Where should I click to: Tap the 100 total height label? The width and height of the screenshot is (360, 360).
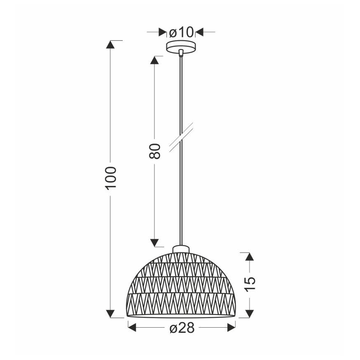tap(111, 178)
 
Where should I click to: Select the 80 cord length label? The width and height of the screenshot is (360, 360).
tap(154, 151)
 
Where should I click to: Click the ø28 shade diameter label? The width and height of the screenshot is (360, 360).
tap(182, 328)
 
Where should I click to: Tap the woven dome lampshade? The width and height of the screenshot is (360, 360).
tap(181, 286)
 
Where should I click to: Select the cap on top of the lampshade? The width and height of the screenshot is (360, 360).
tap(181, 249)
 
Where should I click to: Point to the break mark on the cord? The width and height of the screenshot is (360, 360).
tap(182, 135)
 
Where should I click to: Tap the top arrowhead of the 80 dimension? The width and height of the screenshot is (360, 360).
tap(154, 60)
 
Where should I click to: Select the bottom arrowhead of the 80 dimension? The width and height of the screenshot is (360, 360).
tap(154, 242)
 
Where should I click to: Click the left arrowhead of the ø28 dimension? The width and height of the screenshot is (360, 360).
tap(132, 328)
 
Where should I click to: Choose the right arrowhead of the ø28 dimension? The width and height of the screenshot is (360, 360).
tap(231, 328)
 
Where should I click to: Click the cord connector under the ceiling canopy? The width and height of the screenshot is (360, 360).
tap(181, 52)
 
